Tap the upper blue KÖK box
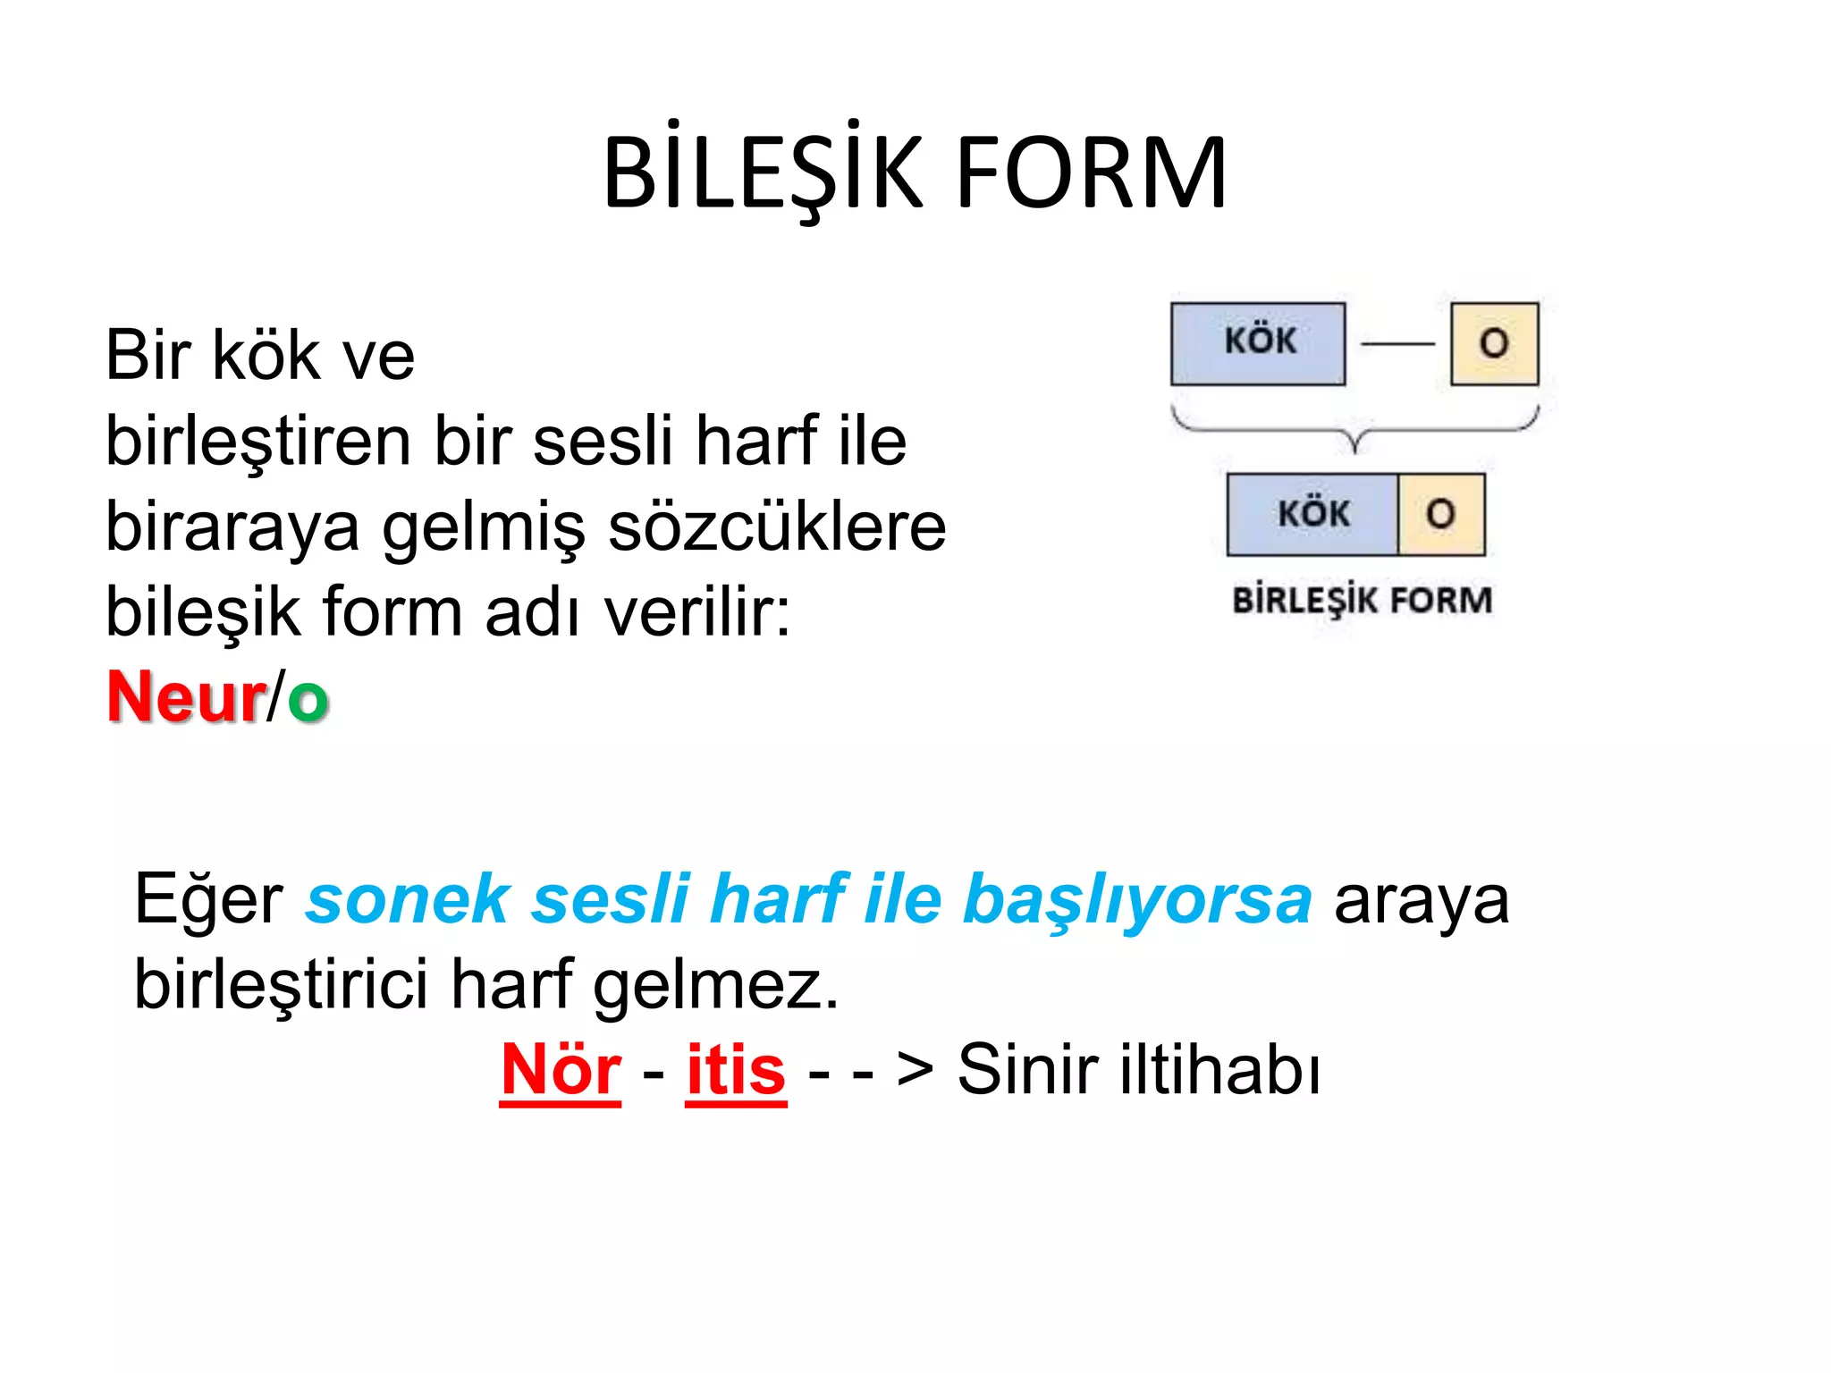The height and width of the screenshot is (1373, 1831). pos(1258,343)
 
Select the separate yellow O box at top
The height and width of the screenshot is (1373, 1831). pos(1494,343)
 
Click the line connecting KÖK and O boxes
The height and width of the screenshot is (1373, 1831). pos(1397,343)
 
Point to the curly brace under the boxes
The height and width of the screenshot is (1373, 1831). pos(1355,429)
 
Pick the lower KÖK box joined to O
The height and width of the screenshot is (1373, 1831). pos(1312,514)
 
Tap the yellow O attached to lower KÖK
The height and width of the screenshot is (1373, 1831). pos(1440,514)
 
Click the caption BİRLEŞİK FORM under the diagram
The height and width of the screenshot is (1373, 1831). pos(1362,600)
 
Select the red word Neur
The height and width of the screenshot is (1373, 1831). pos(186,697)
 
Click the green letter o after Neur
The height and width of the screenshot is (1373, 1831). pos(308,699)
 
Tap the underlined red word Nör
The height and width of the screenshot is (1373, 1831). pos(561,1070)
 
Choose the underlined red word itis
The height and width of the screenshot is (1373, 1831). pos(736,1070)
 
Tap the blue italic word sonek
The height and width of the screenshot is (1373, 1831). pos(407,898)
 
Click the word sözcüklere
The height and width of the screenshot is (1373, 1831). pos(776,527)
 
